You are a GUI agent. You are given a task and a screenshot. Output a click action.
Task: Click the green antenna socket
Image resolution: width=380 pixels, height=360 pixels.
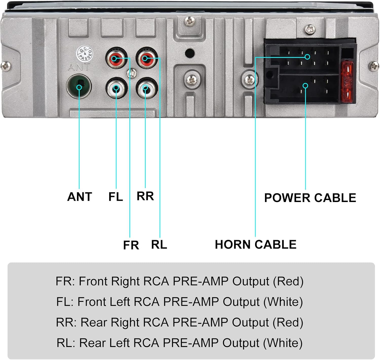(79, 86)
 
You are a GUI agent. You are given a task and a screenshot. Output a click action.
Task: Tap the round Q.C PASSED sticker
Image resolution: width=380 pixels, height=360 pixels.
(85, 53)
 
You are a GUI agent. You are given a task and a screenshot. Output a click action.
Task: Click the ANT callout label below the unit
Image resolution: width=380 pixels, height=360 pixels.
(80, 197)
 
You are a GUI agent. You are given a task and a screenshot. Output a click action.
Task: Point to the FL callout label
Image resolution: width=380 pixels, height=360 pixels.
(116, 197)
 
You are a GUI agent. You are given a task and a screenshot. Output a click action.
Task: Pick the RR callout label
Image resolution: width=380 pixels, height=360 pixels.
(145, 196)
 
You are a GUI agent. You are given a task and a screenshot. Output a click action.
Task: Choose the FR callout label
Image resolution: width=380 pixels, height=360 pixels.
(131, 245)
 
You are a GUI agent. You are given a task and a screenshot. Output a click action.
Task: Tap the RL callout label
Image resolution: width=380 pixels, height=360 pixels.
(159, 245)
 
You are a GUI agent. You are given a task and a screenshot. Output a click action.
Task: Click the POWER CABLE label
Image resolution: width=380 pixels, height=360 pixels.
(310, 198)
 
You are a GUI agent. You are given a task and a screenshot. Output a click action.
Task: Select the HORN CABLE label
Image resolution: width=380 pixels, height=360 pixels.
(256, 245)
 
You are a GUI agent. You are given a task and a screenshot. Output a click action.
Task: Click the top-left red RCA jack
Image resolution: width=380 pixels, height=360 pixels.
(116, 58)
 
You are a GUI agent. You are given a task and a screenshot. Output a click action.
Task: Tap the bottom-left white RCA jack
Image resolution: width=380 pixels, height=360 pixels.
(116, 88)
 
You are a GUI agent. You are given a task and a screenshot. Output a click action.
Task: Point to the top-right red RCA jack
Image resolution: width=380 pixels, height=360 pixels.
(146, 58)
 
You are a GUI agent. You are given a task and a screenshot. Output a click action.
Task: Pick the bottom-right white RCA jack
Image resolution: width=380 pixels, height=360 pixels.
(146, 88)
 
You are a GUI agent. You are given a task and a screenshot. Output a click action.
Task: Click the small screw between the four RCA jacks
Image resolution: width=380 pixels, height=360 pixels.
(132, 73)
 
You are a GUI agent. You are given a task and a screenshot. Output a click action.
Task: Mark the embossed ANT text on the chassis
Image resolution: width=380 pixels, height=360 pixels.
(79, 67)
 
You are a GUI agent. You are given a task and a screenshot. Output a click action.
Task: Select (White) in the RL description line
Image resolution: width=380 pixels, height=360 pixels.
(283, 343)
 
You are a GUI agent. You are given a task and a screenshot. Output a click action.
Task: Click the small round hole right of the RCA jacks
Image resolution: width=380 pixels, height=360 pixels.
(189, 53)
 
